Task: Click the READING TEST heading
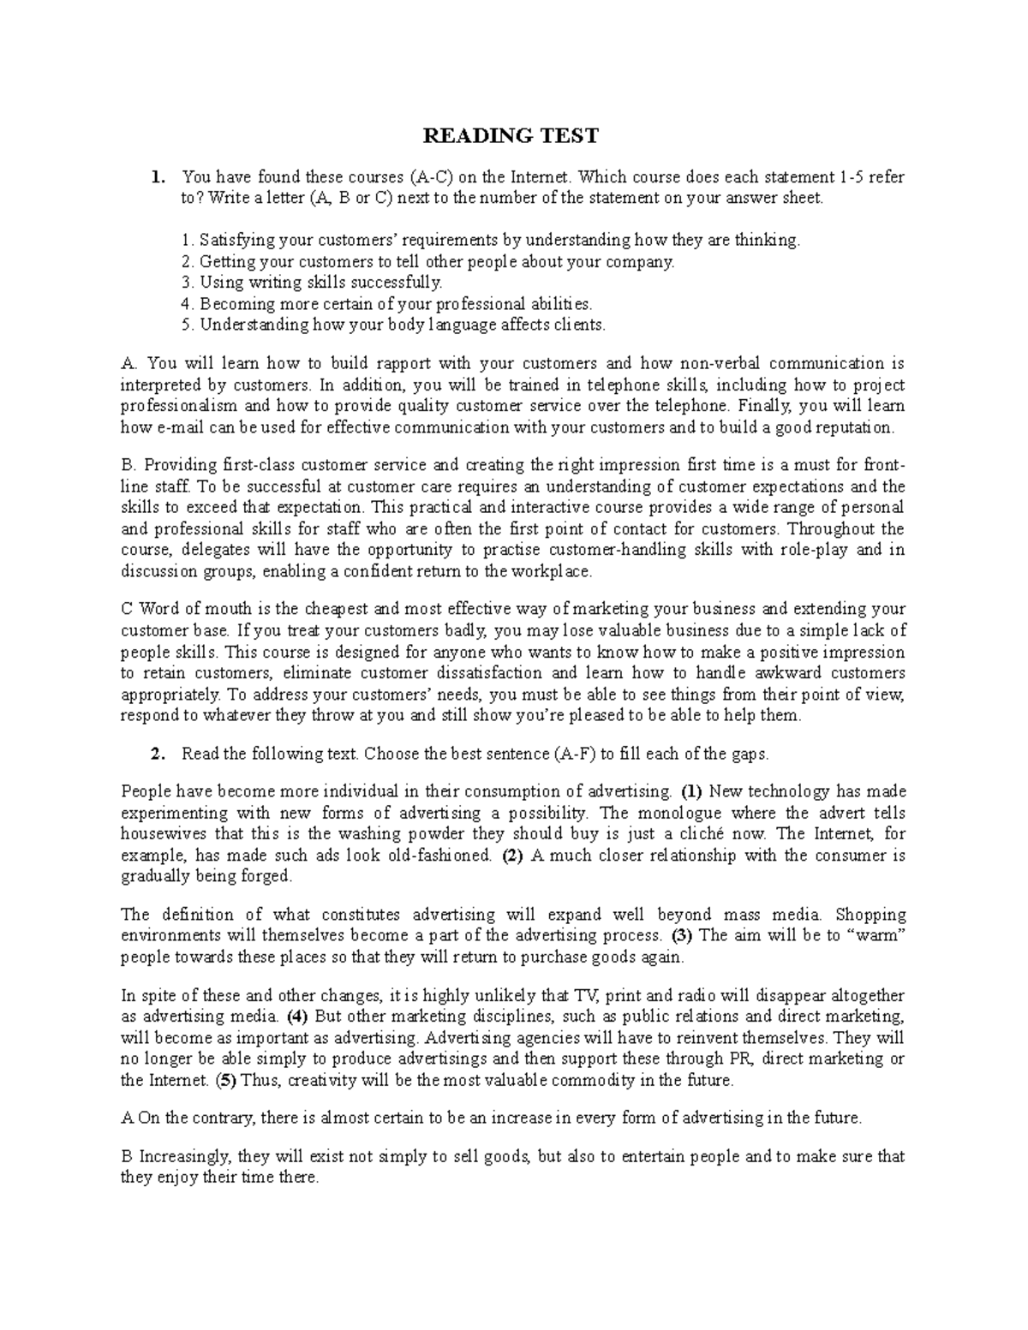coord(512,136)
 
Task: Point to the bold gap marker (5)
coord(224,1081)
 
